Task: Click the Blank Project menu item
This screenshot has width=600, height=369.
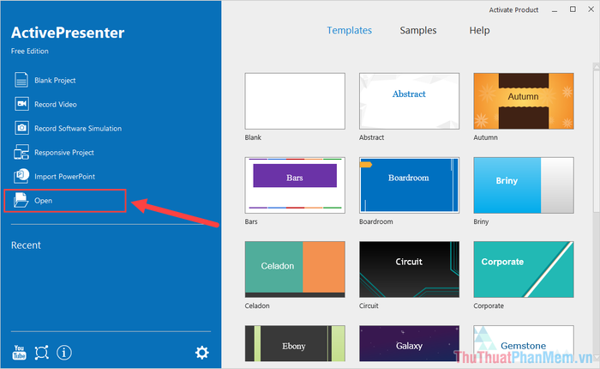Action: pyautogui.click(x=45, y=80)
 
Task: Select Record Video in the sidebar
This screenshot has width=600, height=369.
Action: pyautogui.click(x=45, y=104)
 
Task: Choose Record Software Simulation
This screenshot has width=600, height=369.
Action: pyautogui.click(x=68, y=129)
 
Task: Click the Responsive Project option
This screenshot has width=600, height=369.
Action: pyautogui.click(x=54, y=153)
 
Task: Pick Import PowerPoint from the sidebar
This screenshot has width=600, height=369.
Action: pyautogui.click(x=54, y=176)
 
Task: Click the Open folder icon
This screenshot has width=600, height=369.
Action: pyautogui.click(x=21, y=200)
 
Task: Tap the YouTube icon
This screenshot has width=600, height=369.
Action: pyautogui.click(x=19, y=352)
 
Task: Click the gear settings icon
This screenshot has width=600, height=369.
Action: pyautogui.click(x=202, y=353)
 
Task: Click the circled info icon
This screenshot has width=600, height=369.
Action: pyautogui.click(x=64, y=353)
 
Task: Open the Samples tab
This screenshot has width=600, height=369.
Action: pyautogui.click(x=418, y=30)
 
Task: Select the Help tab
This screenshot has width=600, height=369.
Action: pyautogui.click(x=479, y=30)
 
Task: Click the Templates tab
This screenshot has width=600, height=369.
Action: pyautogui.click(x=350, y=30)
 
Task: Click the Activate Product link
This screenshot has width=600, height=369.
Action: pyautogui.click(x=513, y=10)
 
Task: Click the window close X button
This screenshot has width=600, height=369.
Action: pyautogui.click(x=591, y=9)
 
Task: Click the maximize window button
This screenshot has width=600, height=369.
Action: pyautogui.click(x=573, y=9)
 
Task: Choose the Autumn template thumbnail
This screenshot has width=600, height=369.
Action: pyautogui.click(x=524, y=101)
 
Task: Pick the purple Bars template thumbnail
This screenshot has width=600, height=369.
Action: pyautogui.click(x=295, y=185)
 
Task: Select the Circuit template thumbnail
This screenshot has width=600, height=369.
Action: pyautogui.click(x=409, y=269)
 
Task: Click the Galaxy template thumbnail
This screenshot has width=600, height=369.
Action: pyautogui.click(x=409, y=344)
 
